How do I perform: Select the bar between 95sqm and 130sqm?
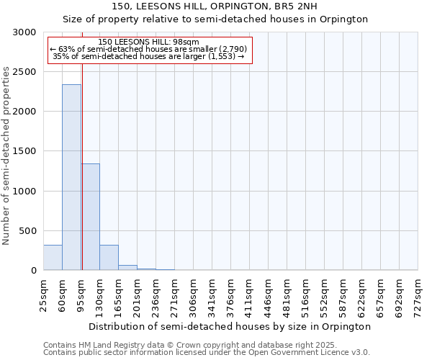pyautogui.click(x=90, y=217)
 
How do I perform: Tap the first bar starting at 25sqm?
pyautogui.click(x=53, y=257)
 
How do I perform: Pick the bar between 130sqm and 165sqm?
pyautogui.click(x=109, y=257)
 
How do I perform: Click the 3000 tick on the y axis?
pyautogui.click(x=23, y=32)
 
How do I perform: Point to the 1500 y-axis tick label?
pyautogui.click(x=23, y=151)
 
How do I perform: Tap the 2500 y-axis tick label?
pyautogui.click(x=23, y=72)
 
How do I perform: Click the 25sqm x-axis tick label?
pyautogui.click(x=43, y=295)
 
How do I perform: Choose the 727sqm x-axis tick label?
pyautogui.click(x=418, y=295)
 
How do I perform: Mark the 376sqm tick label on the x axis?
pyautogui.click(x=230, y=295)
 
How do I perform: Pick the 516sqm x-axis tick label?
pyautogui.click(x=305, y=295)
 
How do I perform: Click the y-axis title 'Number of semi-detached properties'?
pyautogui.click(x=6, y=156)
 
